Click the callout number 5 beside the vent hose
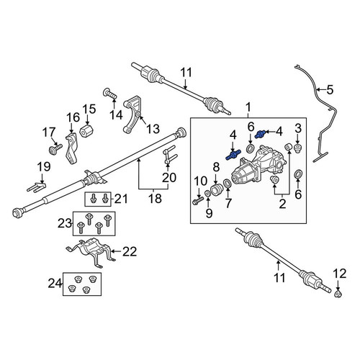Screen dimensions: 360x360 (x=330, y=90)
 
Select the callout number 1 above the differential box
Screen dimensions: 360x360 (x=248, y=107)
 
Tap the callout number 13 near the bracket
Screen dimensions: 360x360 (x=153, y=129)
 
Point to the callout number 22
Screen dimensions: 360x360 (x=130, y=251)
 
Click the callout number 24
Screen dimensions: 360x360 (x=55, y=284)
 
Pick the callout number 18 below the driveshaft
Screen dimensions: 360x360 (x=155, y=199)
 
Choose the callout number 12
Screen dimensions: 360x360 (x=340, y=274)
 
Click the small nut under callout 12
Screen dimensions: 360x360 (x=338, y=294)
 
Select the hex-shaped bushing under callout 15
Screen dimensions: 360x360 (x=86, y=131)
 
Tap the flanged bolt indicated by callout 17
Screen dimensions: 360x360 (x=55, y=149)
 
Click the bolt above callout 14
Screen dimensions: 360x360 (x=110, y=94)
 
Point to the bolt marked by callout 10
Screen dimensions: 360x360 (x=198, y=200)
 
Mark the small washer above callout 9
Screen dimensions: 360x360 (x=208, y=193)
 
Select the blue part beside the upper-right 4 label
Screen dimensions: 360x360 (x=261, y=134)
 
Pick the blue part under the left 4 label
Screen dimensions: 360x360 (x=233, y=155)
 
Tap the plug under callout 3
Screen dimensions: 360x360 (x=298, y=148)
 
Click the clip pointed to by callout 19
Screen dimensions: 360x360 (x=36, y=187)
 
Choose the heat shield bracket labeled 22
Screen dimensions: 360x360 (x=91, y=252)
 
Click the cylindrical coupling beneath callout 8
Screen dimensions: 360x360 (x=217, y=190)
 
